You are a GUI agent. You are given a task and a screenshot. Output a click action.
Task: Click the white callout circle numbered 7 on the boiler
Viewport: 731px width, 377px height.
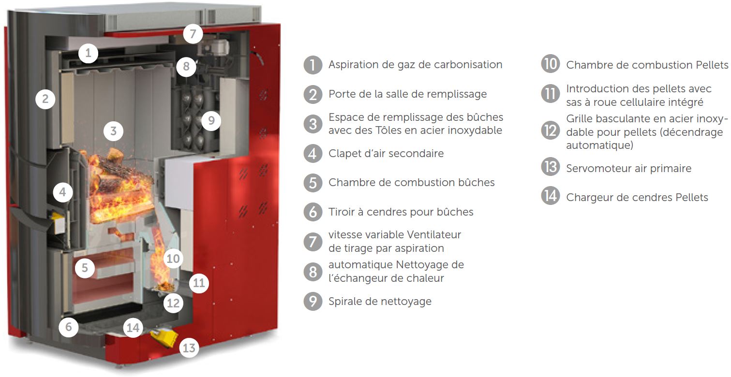click(193, 33)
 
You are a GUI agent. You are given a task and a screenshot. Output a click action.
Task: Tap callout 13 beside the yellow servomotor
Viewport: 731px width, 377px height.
click(189, 348)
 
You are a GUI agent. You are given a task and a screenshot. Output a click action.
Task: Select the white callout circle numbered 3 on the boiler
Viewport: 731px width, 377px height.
click(113, 131)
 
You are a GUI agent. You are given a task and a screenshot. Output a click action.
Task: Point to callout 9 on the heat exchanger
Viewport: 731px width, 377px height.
click(211, 121)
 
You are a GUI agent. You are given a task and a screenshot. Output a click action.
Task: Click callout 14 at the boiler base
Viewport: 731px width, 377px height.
click(133, 328)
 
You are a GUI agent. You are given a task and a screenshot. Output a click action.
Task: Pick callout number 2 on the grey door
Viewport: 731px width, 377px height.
click(45, 99)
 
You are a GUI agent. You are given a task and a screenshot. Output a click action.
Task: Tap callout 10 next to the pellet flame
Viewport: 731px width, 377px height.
click(173, 259)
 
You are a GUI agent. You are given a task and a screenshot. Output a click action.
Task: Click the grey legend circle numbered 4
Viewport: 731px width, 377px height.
click(313, 153)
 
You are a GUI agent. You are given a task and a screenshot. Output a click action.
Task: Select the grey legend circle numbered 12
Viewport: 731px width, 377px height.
click(551, 130)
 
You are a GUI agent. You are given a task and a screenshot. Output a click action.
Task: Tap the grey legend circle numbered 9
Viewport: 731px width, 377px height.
click(313, 301)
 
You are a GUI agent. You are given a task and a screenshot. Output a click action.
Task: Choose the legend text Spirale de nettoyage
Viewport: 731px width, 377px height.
click(380, 301)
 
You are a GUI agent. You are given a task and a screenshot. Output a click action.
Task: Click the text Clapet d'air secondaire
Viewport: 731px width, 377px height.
click(386, 153)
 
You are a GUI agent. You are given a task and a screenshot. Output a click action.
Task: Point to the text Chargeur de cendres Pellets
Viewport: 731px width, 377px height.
click(637, 197)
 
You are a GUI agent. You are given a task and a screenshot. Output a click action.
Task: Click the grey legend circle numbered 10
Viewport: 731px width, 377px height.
click(551, 64)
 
